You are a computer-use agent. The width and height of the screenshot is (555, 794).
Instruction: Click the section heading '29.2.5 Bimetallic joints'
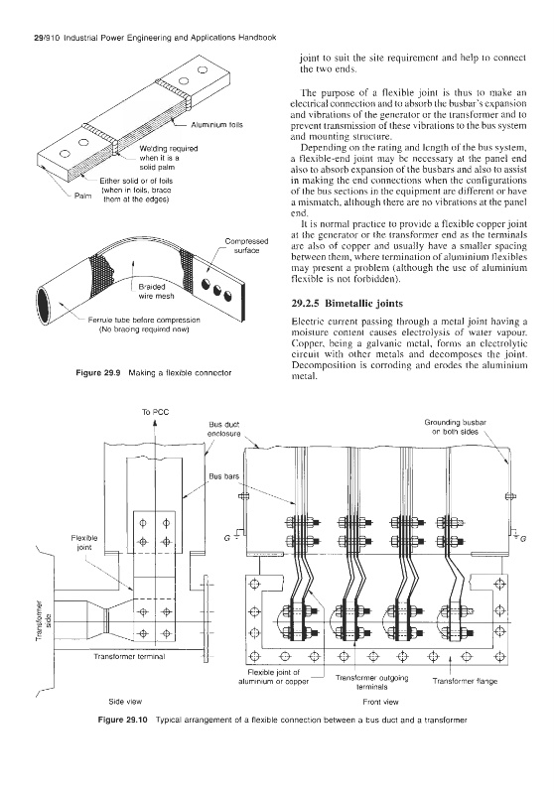click(347, 304)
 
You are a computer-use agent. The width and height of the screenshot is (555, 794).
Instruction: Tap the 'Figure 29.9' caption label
click(97, 373)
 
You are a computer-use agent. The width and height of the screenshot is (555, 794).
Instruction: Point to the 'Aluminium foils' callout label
click(216, 125)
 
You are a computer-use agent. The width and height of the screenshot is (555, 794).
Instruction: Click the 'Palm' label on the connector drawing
click(83, 195)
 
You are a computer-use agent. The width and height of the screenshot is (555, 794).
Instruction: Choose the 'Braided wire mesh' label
click(156, 291)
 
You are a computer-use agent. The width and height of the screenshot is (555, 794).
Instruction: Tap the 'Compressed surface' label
click(246, 245)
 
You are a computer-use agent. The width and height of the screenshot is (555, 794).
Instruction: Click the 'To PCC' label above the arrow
click(156, 412)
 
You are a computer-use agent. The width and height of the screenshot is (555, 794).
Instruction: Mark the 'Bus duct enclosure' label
click(223, 430)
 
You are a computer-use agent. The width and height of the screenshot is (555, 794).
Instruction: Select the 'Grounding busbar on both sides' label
click(456, 427)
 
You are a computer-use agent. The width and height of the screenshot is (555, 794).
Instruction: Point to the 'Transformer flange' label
click(465, 681)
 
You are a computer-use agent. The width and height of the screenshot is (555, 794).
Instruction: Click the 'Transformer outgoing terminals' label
click(371, 682)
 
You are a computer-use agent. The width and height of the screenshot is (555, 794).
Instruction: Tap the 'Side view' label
click(125, 702)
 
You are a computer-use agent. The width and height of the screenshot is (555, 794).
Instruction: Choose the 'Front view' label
click(381, 702)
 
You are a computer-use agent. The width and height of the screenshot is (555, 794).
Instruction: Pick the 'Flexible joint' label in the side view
click(84, 542)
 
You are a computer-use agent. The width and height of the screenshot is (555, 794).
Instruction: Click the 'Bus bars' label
click(223, 476)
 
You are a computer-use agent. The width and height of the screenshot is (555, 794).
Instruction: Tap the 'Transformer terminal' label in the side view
click(129, 657)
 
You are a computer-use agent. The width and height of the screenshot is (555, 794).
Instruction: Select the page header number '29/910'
click(34, 38)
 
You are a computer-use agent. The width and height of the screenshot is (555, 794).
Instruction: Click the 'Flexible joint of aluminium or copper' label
click(274, 677)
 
